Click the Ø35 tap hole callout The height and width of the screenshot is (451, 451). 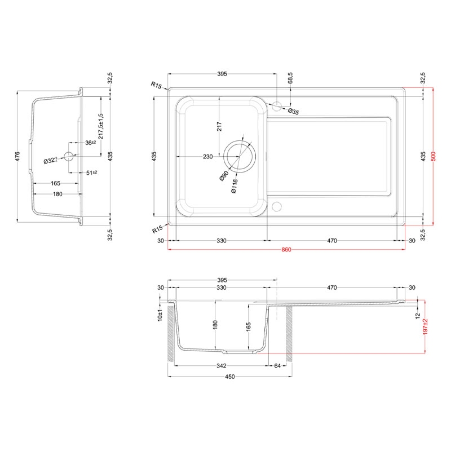(x=293, y=112)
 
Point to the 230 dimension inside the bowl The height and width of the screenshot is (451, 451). (x=207, y=157)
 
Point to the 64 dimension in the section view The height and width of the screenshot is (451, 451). (x=277, y=366)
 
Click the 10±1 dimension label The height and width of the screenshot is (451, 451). (x=160, y=316)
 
